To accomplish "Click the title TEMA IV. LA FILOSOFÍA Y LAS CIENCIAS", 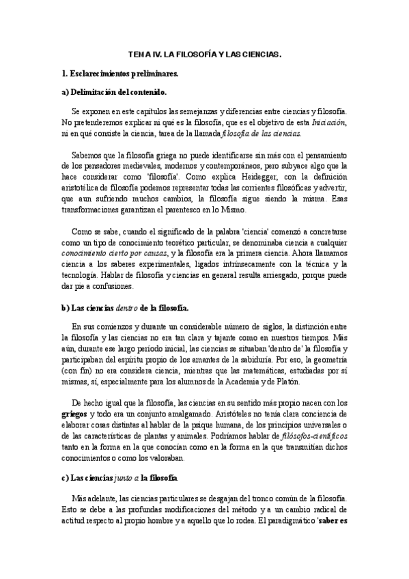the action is [205, 53].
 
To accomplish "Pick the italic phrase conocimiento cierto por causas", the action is [114, 255].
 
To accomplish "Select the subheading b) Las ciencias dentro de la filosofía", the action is [125, 309].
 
